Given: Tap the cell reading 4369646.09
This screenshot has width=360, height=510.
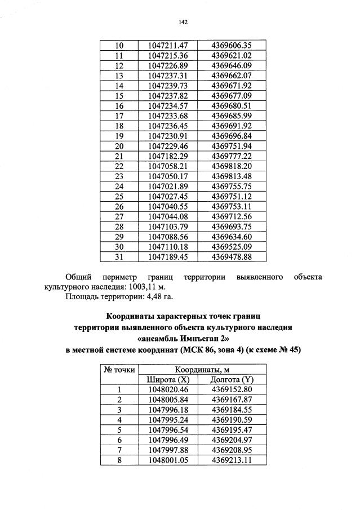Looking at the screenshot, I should (231, 65).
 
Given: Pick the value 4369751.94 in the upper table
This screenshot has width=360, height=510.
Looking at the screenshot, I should (231, 145).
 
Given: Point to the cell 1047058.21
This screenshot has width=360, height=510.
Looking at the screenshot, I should (167, 166).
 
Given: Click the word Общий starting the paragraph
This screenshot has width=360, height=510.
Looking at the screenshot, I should (79, 277).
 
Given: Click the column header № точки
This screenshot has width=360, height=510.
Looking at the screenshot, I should (119, 370).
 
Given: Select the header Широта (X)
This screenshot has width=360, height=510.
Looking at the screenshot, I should (167, 379).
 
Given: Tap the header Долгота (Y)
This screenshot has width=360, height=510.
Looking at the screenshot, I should (231, 379).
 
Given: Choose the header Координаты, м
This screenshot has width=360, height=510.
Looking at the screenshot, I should (199, 370).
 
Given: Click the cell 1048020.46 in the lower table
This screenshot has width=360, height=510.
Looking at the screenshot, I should (167, 389).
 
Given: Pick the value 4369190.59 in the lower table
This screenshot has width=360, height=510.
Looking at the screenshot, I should (231, 420).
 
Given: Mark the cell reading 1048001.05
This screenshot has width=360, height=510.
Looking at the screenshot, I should (167, 460).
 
